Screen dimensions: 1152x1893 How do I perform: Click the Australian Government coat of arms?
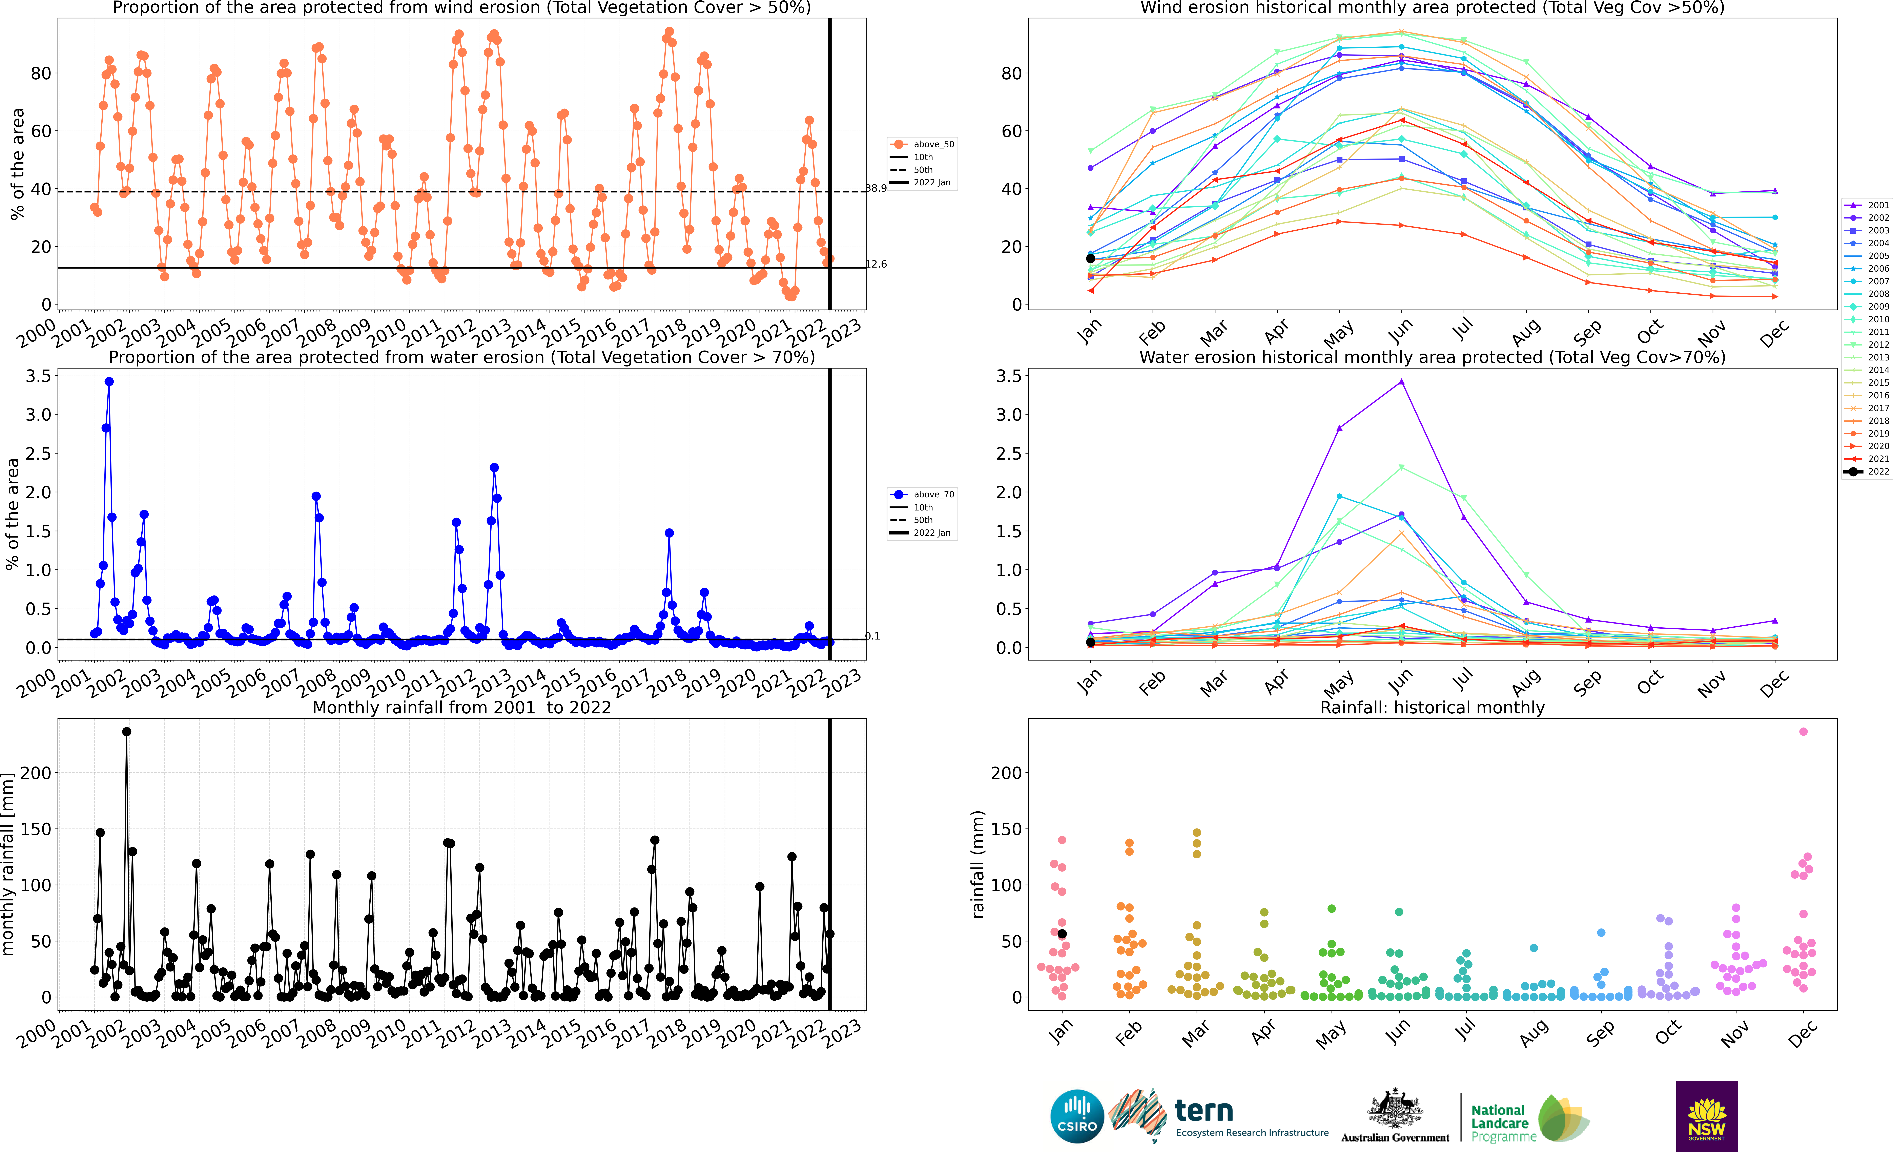click(x=1394, y=1108)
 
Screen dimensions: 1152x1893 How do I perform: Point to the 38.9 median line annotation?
click(x=876, y=188)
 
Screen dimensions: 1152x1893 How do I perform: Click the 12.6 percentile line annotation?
click(x=876, y=264)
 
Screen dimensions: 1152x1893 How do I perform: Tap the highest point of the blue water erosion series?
click(x=109, y=382)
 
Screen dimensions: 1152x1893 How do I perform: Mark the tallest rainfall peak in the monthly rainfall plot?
click(x=127, y=732)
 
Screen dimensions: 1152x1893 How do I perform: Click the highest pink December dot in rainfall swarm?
click(x=1803, y=732)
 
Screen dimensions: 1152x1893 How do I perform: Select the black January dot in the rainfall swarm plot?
click(x=1063, y=934)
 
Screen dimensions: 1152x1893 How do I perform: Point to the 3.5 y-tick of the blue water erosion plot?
click(x=38, y=376)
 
